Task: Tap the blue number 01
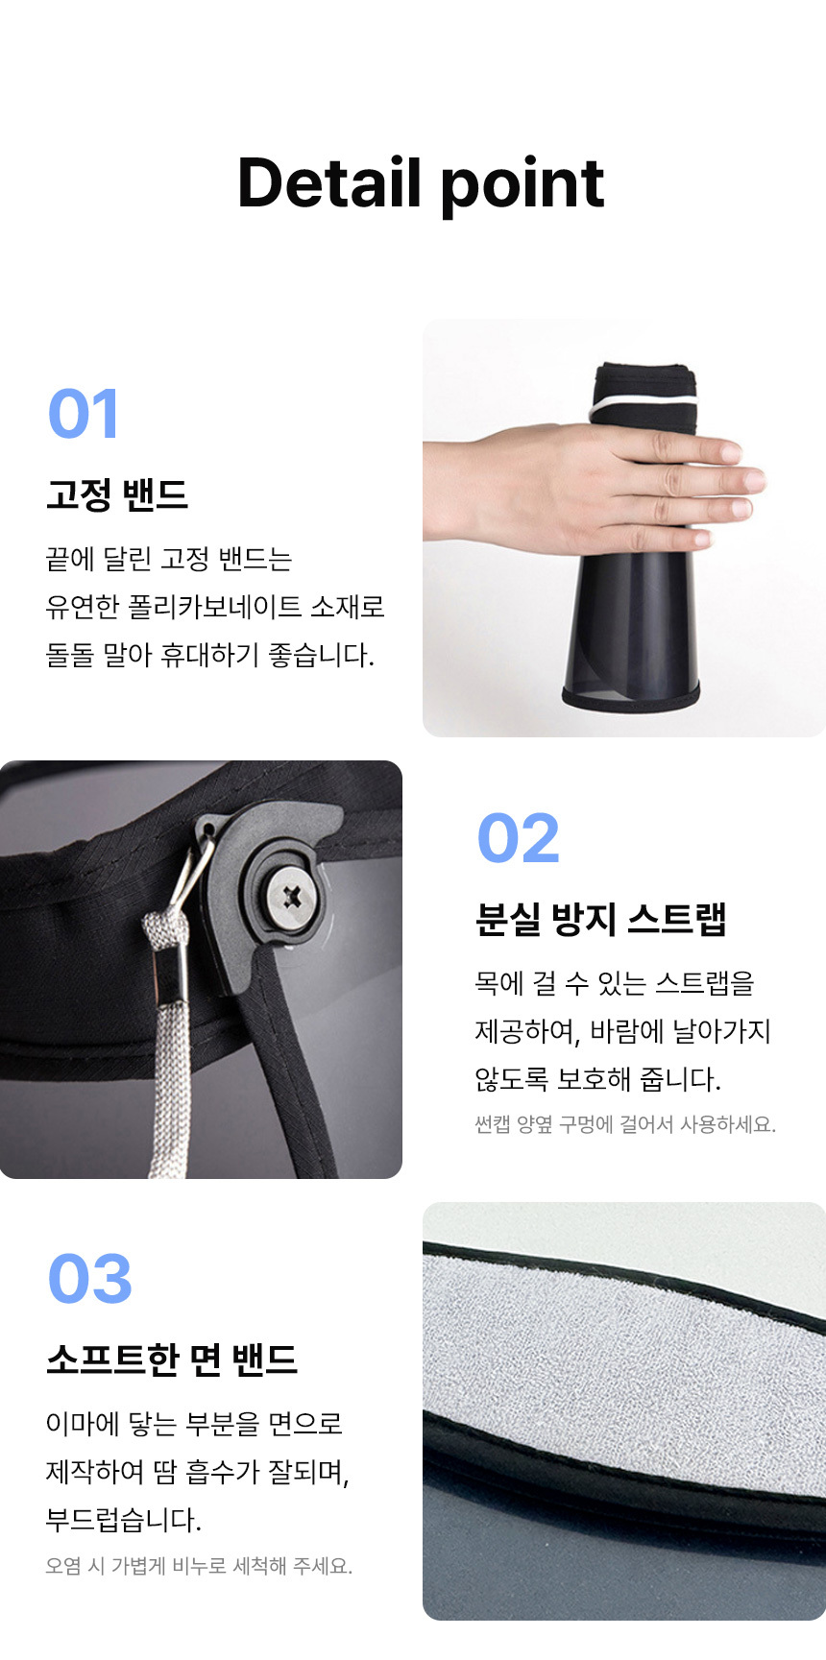[84, 414]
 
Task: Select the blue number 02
[519, 838]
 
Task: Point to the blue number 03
[90, 1279]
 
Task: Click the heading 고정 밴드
[117, 494]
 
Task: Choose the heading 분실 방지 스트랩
[601, 919]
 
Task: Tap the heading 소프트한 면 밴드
[172, 1359]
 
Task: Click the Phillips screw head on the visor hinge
[292, 898]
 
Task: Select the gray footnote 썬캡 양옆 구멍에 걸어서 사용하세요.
[625, 1124]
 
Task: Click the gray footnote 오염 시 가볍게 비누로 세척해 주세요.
[199, 1566]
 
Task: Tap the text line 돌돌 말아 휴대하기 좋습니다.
[210, 655]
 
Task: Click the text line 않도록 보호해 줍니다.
[597, 1079]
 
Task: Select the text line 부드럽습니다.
[124, 1520]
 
